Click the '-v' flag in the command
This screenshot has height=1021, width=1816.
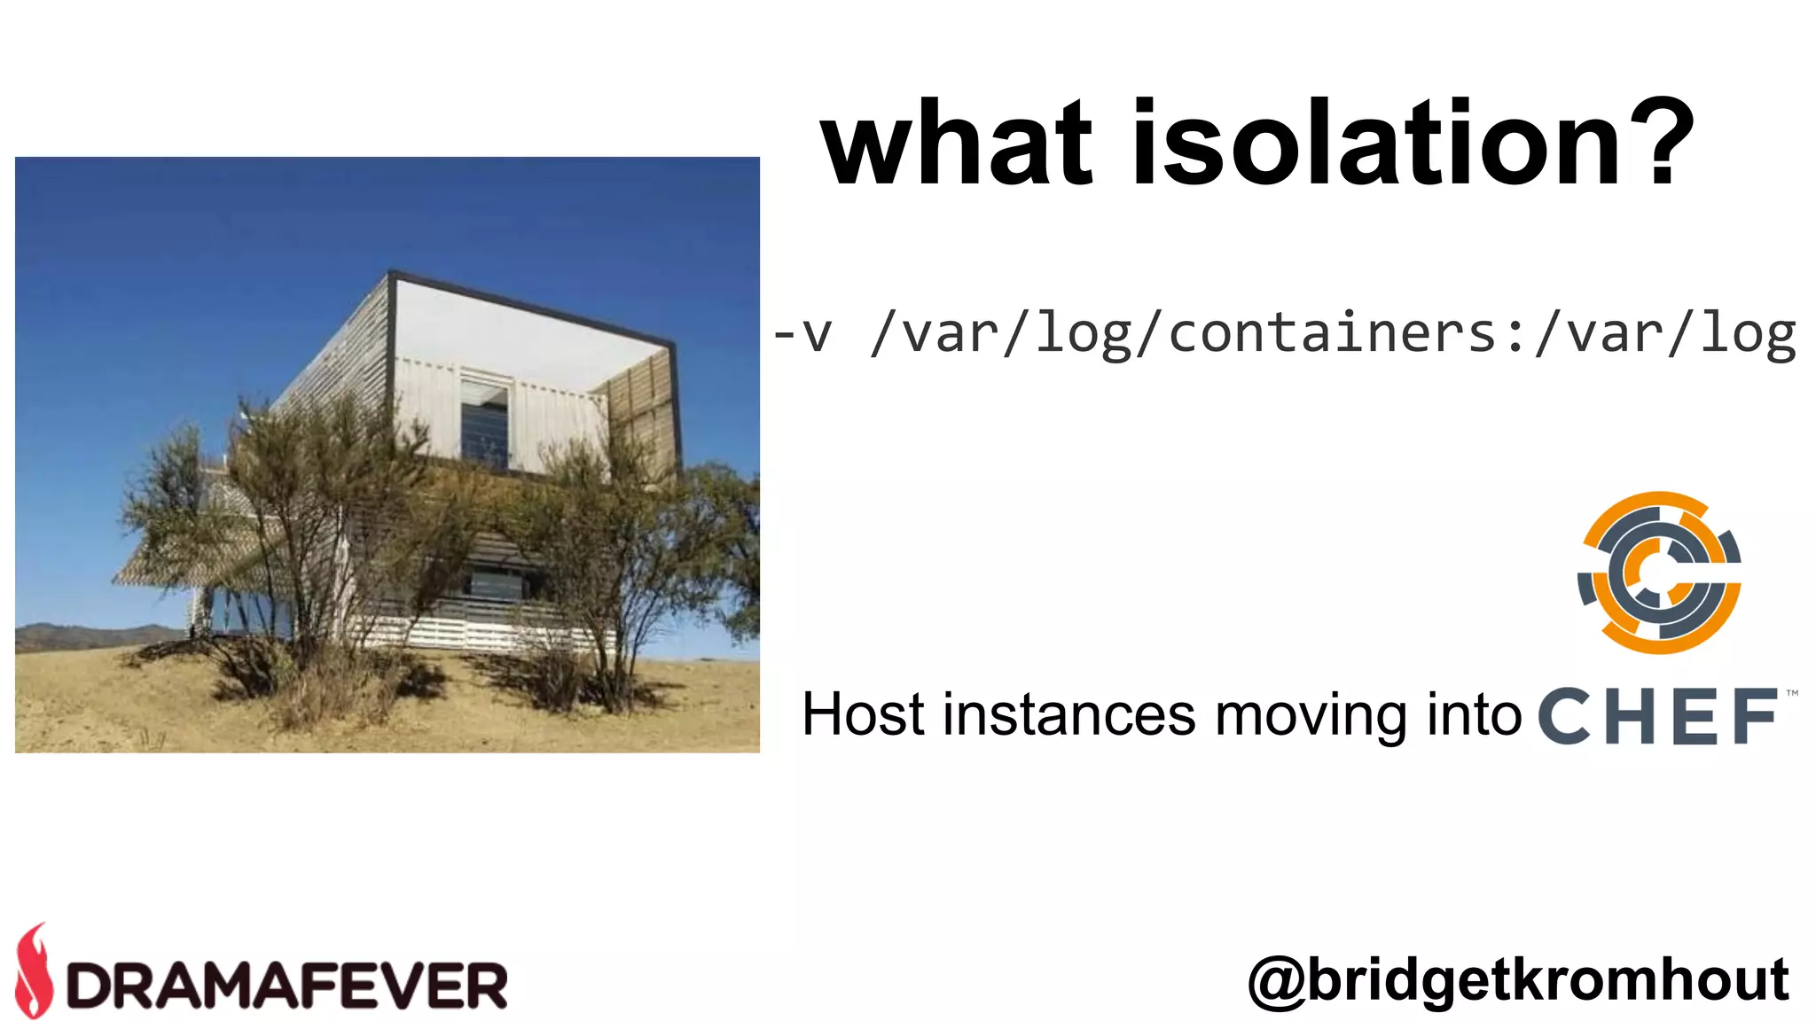tap(802, 335)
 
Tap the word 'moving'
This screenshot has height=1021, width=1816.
tap(1311, 716)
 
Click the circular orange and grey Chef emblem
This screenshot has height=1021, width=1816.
tap(1659, 573)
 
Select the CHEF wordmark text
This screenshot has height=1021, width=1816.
tap(1658, 716)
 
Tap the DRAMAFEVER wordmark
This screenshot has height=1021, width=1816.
tap(287, 985)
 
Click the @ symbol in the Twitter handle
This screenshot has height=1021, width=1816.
tap(1277, 982)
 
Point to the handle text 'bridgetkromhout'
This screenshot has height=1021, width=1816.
tap(1547, 980)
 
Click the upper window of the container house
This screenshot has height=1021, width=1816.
tap(485, 424)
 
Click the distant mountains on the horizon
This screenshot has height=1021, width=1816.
tap(89, 635)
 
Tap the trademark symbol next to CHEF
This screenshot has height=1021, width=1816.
tap(1792, 693)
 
